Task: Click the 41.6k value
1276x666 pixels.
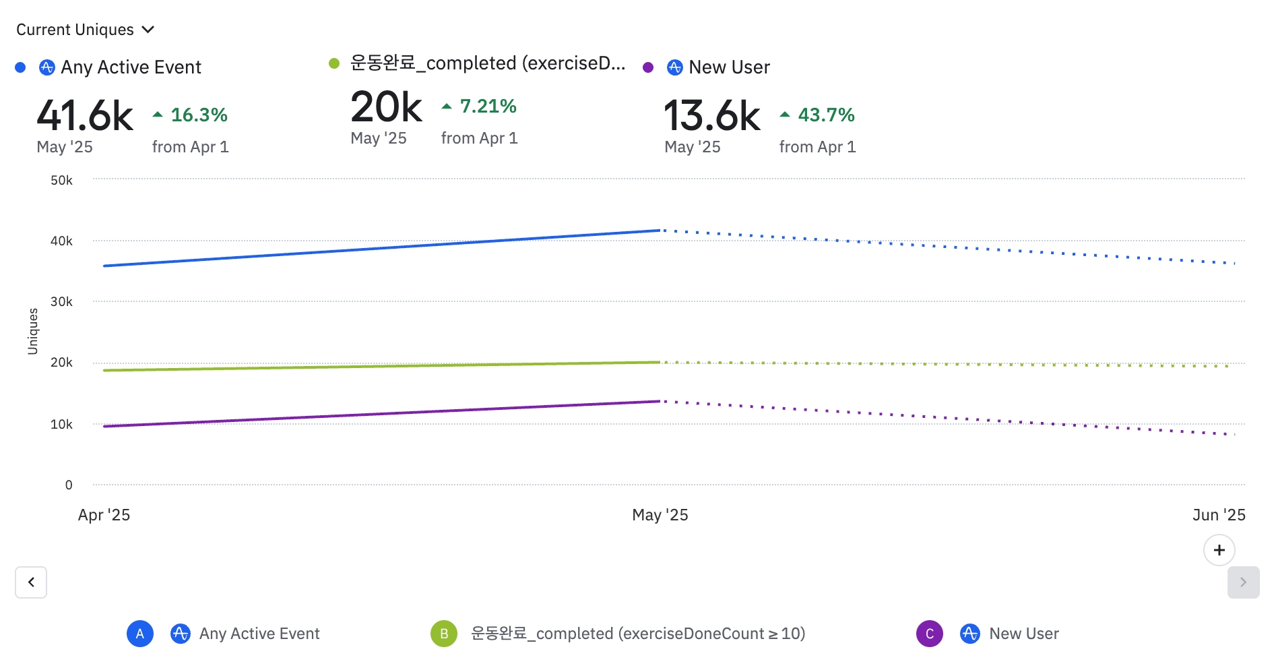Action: point(85,115)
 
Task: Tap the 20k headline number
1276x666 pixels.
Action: point(386,107)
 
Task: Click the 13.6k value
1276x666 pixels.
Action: point(712,115)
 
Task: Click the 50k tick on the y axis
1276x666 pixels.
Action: point(61,180)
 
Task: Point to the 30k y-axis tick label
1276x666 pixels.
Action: point(61,301)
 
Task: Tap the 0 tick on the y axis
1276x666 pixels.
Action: point(69,485)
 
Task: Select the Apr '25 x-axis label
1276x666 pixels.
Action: point(104,515)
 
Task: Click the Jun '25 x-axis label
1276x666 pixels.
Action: point(1218,515)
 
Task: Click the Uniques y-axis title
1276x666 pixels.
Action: point(32,331)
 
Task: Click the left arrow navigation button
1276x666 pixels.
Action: point(31,582)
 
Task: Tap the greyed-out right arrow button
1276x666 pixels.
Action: point(1243,582)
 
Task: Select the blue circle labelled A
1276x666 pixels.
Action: point(140,634)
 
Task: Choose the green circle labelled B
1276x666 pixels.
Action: point(444,634)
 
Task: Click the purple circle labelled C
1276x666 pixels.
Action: point(930,634)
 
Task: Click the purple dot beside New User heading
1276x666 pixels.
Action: point(648,67)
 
